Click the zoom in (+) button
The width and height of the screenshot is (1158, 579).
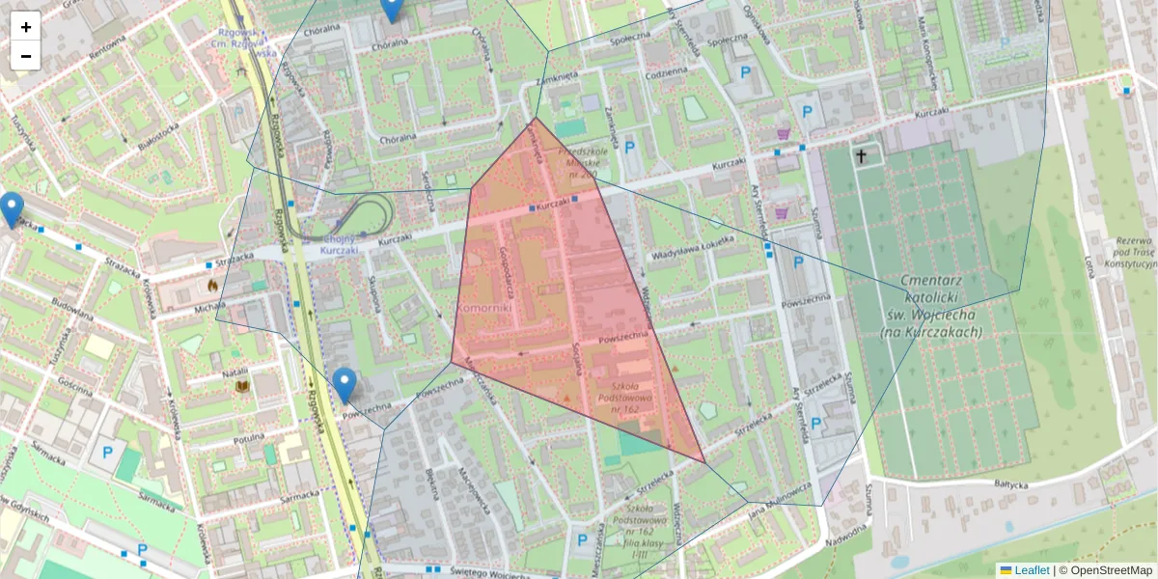tap(26, 27)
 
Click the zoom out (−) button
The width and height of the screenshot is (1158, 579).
tap(26, 56)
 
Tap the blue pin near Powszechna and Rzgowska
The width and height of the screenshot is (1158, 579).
tap(345, 385)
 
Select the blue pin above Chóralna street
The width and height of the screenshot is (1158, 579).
tap(391, 8)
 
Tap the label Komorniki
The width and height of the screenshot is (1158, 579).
tap(488, 307)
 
